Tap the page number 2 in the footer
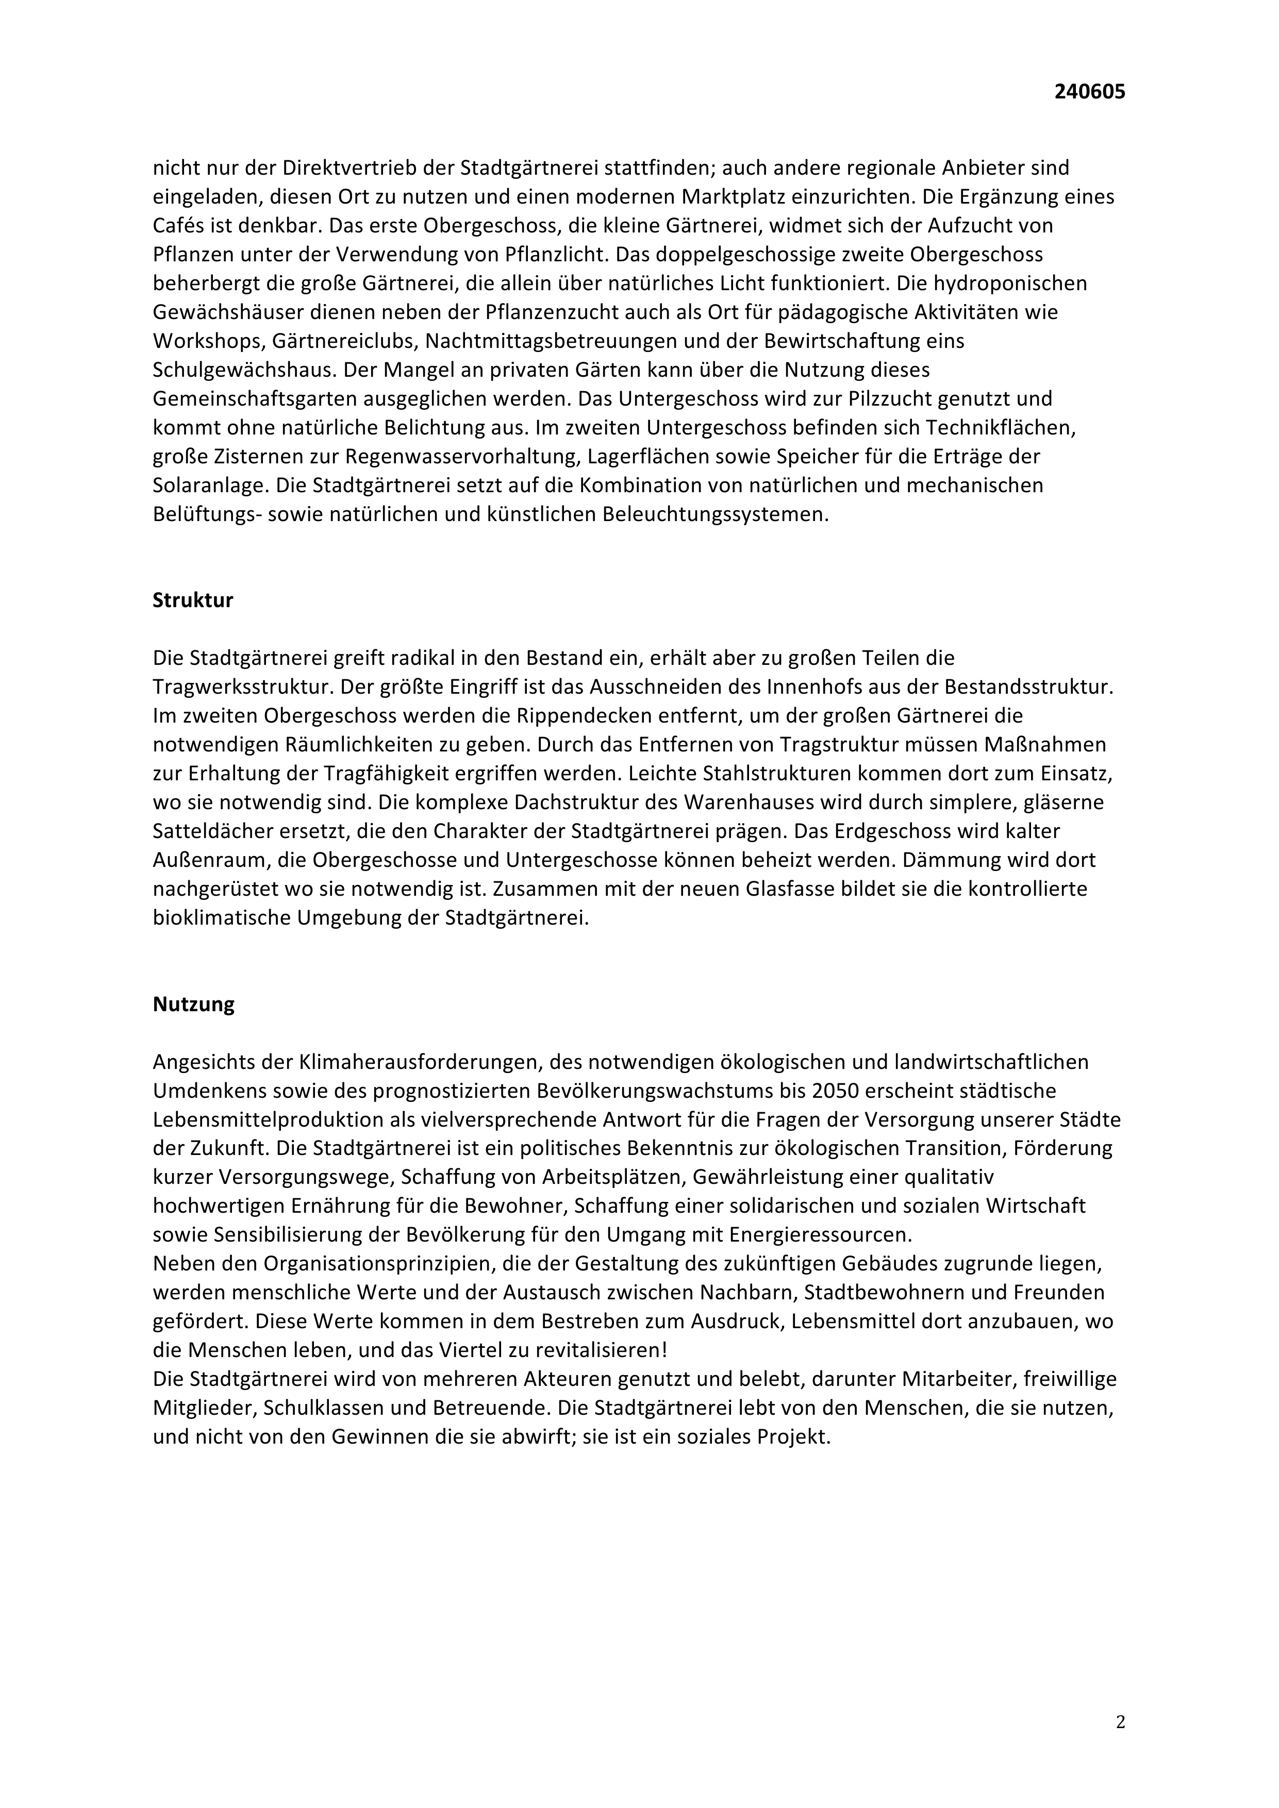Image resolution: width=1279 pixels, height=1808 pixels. tap(1120, 1721)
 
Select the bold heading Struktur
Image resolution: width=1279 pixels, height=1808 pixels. tap(193, 600)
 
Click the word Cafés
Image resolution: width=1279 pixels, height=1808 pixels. tap(179, 226)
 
